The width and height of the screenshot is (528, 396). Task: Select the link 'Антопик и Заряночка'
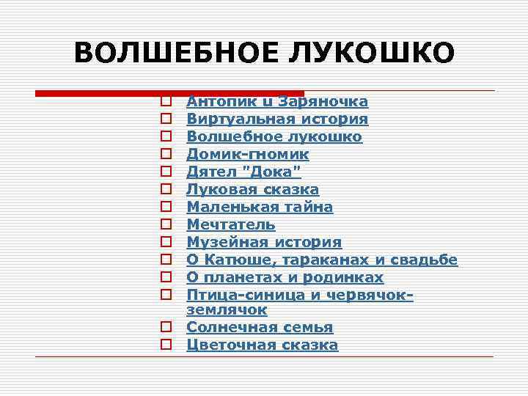(277, 102)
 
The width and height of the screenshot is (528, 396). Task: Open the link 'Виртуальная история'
(277, 120)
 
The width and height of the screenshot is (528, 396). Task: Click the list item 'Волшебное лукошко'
(274, 137)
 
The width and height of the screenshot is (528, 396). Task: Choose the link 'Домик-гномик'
(247, 155)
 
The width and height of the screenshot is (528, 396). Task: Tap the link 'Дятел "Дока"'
(243, 172)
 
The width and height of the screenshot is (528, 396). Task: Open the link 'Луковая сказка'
(252, 190)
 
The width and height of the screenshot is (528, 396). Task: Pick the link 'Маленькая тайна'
(260, 208)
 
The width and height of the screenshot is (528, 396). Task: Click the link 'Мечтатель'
(231, 225)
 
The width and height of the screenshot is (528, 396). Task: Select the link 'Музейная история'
(264, 243)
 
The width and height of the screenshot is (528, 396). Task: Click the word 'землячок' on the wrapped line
(227, 311)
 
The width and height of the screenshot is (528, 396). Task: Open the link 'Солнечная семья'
(260, 328)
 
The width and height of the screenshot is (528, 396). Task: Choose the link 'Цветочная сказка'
(263, 345)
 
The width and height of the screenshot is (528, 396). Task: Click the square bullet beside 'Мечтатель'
(166, 225)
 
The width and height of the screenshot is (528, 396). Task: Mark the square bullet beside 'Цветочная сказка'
(166, 345)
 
